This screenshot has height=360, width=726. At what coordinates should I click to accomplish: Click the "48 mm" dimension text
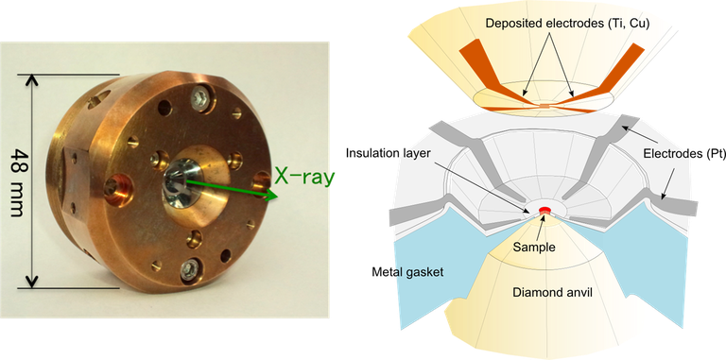16,180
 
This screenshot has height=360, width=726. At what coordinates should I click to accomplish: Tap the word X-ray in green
304,176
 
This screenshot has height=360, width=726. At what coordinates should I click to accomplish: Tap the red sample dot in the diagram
544,209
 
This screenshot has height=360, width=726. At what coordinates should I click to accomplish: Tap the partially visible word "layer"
418,154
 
